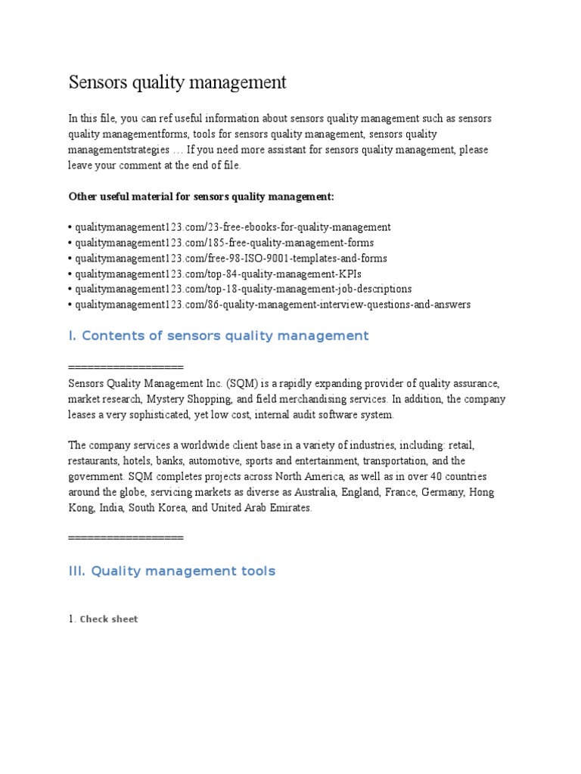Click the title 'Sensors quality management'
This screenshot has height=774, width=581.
178,82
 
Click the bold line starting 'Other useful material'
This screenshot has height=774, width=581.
201,197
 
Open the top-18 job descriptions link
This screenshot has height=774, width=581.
243,289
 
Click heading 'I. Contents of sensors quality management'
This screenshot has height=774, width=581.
219,336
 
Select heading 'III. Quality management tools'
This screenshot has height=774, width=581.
172,571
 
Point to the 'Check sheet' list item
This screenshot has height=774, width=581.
109,619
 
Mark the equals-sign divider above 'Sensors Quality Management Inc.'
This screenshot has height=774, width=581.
126,367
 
